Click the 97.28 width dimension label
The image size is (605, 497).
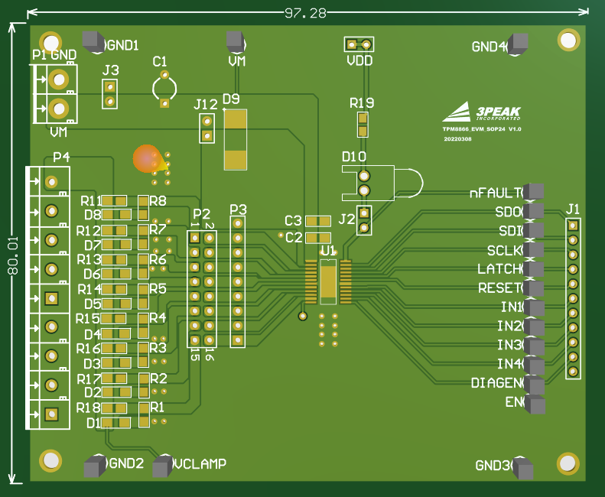[305, 13]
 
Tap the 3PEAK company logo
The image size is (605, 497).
[482, 113]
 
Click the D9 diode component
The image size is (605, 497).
[235, 139]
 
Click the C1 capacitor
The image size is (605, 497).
[164, 89]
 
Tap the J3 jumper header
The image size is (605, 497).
[110, 93]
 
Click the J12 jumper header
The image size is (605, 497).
[206, 128]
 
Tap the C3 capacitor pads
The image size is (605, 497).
[318, 221]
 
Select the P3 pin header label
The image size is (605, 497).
[238, 210]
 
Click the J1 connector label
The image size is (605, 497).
[573, 209]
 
